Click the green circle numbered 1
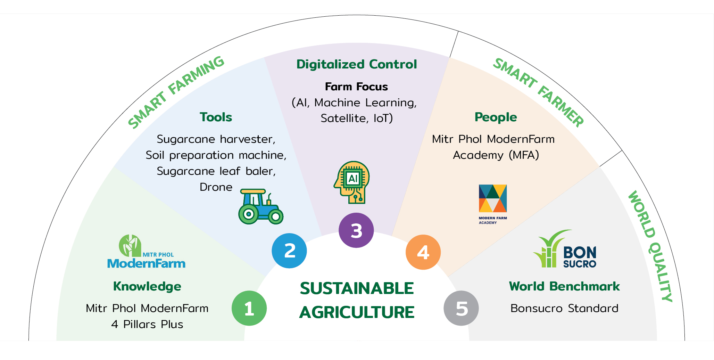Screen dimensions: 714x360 [249, 308]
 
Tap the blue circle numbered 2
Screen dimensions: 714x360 [289, 251]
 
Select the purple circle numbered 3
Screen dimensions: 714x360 [356, 230]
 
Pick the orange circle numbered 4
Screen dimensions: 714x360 [423, 252]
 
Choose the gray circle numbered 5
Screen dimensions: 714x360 [461, 308]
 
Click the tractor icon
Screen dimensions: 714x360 [261, 206]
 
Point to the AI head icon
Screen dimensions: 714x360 [352, 182]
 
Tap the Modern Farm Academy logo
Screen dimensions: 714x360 [493, 204]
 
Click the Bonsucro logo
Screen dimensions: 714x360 [565, 249]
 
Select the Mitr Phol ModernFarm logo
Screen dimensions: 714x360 [146, 252]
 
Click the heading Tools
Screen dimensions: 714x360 [216, 117]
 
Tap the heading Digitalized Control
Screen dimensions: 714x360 [356, 64]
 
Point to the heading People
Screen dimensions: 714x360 [496, 117]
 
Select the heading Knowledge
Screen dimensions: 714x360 [147, 286]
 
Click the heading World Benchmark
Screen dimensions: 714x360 [564, 286]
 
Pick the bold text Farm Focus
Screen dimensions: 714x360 [356, 87]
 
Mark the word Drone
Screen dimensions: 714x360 [216, 187]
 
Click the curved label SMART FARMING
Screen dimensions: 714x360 [176, 92]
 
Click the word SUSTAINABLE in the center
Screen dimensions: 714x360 [357, 288]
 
